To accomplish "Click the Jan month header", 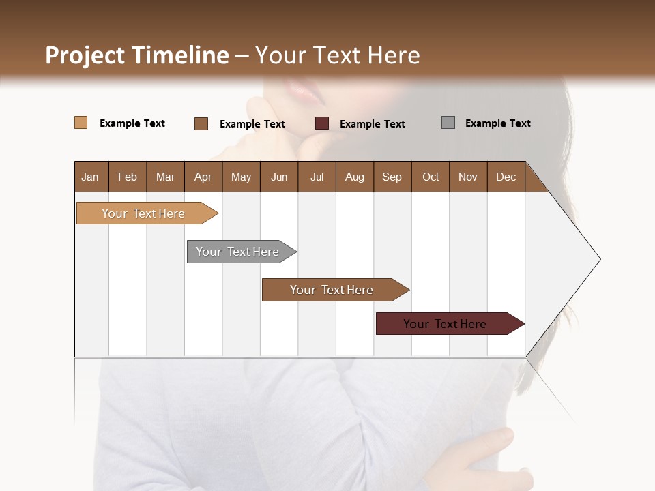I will (x=91, y=177).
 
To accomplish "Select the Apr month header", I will (x=203, y=177).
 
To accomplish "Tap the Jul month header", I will (x=317, y=177).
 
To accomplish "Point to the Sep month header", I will (x=392, y=177).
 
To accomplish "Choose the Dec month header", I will (x=506, y=177).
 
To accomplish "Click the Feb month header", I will (x=128, y=177).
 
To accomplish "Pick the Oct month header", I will (x=431, y=177).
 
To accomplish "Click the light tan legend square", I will (x=81, y=123).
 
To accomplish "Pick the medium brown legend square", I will (x=201, y=123).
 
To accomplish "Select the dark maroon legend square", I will (x=322, y=123).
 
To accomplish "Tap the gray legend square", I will (x=448, y=123).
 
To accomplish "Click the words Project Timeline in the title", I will (x=136, y=55).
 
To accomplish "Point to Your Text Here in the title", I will (x=338, y=55).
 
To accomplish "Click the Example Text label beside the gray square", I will (x=497, y=123).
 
